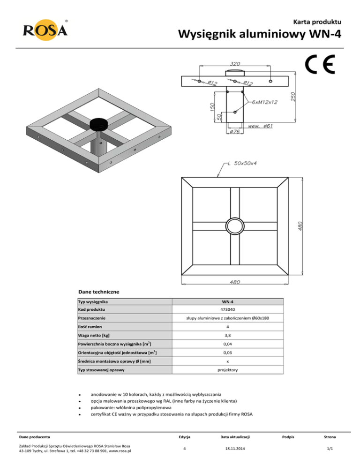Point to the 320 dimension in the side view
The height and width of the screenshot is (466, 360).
236,63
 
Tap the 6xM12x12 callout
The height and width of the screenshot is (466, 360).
264,102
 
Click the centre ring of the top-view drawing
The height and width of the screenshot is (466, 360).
233,223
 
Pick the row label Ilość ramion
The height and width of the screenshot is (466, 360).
91,327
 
